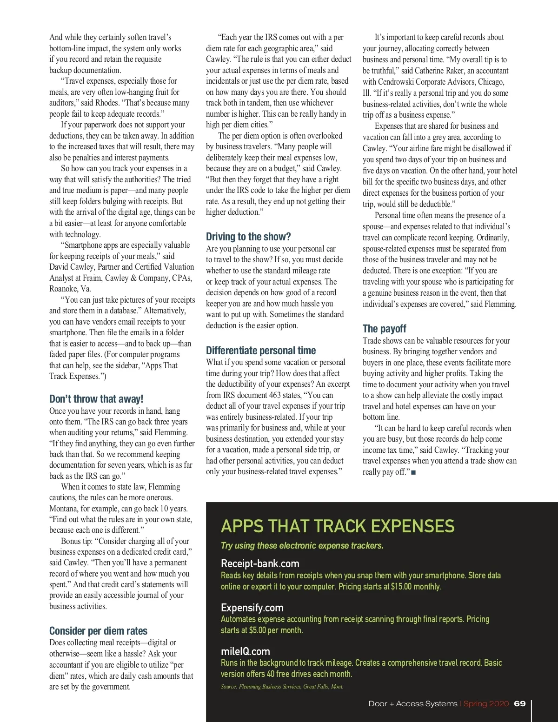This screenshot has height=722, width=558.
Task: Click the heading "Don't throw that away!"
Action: pyautogui.click(x=96, y=399)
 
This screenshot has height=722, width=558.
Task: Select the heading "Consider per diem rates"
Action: pyautogui.click(x=98, y=631)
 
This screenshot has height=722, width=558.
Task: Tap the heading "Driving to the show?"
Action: pyautogui.click(x=248, y=237)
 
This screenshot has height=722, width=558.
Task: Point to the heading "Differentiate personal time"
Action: pyautogui.click(x=261, y=351)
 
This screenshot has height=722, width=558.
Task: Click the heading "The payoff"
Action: pyautogui.click(x=384, y=329)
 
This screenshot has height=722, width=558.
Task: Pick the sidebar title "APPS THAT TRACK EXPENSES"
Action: pyautogui.click(x=338, y=526)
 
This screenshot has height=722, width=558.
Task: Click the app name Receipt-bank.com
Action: pyautogui.click(x=260, y=564)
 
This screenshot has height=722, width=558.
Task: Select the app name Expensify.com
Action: pyautogui.click(x=252, y=608)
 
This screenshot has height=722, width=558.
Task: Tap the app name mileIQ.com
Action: pyautogui.click(x=245, y=651)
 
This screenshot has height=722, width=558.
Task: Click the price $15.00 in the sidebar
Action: pyautogui.click(x=401, y=587)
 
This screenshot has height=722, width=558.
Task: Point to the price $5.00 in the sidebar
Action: pyautogui.click(x=257, y=630)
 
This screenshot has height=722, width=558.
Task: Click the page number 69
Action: pyautogui.click(x=520, y=704)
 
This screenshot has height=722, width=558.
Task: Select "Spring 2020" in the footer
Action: pyautogui.click(x=486, y=704)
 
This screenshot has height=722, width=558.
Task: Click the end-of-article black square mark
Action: pyautogui.click(x=414, y=472)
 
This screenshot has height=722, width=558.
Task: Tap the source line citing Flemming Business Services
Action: pyautogui.click(x=282, y=687)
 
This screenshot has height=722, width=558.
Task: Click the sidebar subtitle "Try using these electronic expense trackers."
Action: pyautogui.click(x=302, y=546)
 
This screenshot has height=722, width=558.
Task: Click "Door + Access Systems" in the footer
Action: pyautogui.click(x=413, y=704)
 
